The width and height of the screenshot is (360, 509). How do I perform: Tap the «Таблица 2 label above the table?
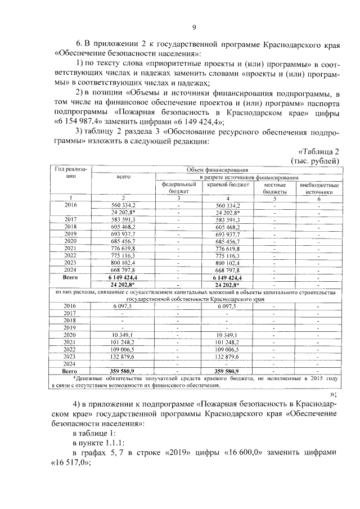(x=318, y=151)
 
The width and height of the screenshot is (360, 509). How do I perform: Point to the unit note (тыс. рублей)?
(x=314, y=160)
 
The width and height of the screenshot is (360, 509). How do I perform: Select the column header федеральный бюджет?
(x=178, y=187)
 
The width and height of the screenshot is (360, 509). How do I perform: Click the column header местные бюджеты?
(x=274, y=187)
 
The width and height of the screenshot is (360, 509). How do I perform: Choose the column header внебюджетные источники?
(x=319, y=187)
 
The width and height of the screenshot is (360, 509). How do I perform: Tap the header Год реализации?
(x=71, y=172)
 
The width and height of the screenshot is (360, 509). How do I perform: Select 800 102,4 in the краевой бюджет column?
(x=228, y=262)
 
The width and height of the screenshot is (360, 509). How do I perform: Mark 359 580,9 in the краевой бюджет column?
(x=228, y=371)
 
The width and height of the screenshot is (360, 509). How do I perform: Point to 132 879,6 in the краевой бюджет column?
(x=228, y=357)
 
